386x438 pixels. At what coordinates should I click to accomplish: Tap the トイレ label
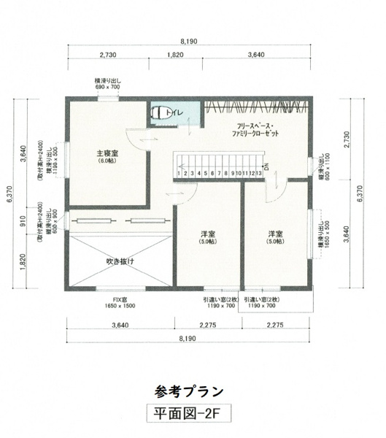click(175, 113)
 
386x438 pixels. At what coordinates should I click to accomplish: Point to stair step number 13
click(259, 173)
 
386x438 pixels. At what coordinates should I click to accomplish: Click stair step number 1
click(179, 173)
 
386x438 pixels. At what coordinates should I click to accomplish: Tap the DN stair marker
click(267, 166)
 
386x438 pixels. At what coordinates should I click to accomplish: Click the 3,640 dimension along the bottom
click(121, 326)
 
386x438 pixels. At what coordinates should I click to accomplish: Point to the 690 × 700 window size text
click(107, 87)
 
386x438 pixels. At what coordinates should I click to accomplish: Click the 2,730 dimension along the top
click(107, 55)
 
